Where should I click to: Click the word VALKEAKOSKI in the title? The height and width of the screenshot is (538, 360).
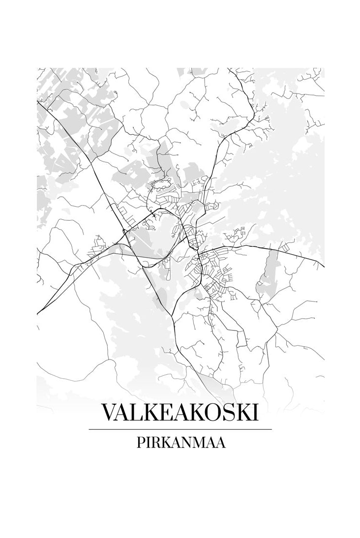click(180, 413)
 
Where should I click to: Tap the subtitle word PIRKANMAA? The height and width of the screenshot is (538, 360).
click(180, 443)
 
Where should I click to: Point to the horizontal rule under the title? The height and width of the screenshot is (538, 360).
click(180, 429)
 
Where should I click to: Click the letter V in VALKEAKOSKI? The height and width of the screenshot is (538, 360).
click(108, 413)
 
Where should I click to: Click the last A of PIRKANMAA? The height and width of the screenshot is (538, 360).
click(221, 443)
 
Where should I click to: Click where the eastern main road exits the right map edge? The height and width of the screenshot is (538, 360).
click(324, 266)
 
